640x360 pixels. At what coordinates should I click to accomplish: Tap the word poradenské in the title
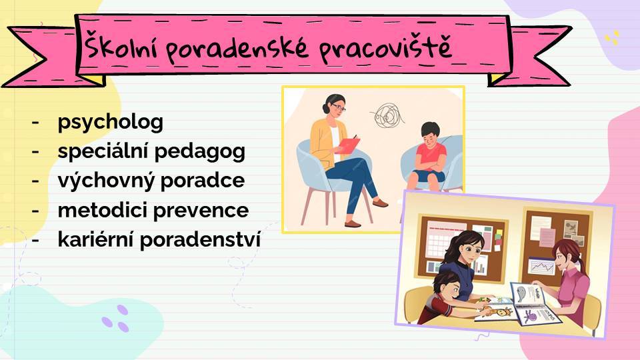click(x=237, y=49)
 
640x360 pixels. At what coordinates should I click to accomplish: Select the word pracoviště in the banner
click(x=385, y=49)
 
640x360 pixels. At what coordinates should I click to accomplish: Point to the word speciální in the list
click(x=103, y=152)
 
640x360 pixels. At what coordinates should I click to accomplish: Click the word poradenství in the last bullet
click(x=200, y=240)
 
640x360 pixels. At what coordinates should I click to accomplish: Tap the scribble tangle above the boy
click(x=387, y=115)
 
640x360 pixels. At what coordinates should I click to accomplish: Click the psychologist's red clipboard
click(x=349, y=145)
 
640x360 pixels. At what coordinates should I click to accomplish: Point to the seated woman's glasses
click(x=339, y=108)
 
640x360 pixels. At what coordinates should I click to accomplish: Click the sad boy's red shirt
click(x=431, y=157)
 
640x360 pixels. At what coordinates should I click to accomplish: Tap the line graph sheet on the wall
click(x=541, y=266)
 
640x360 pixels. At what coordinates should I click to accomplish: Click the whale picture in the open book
click(x=521, y=294)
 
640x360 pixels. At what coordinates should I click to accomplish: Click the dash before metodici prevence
click(x=35, y=211)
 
